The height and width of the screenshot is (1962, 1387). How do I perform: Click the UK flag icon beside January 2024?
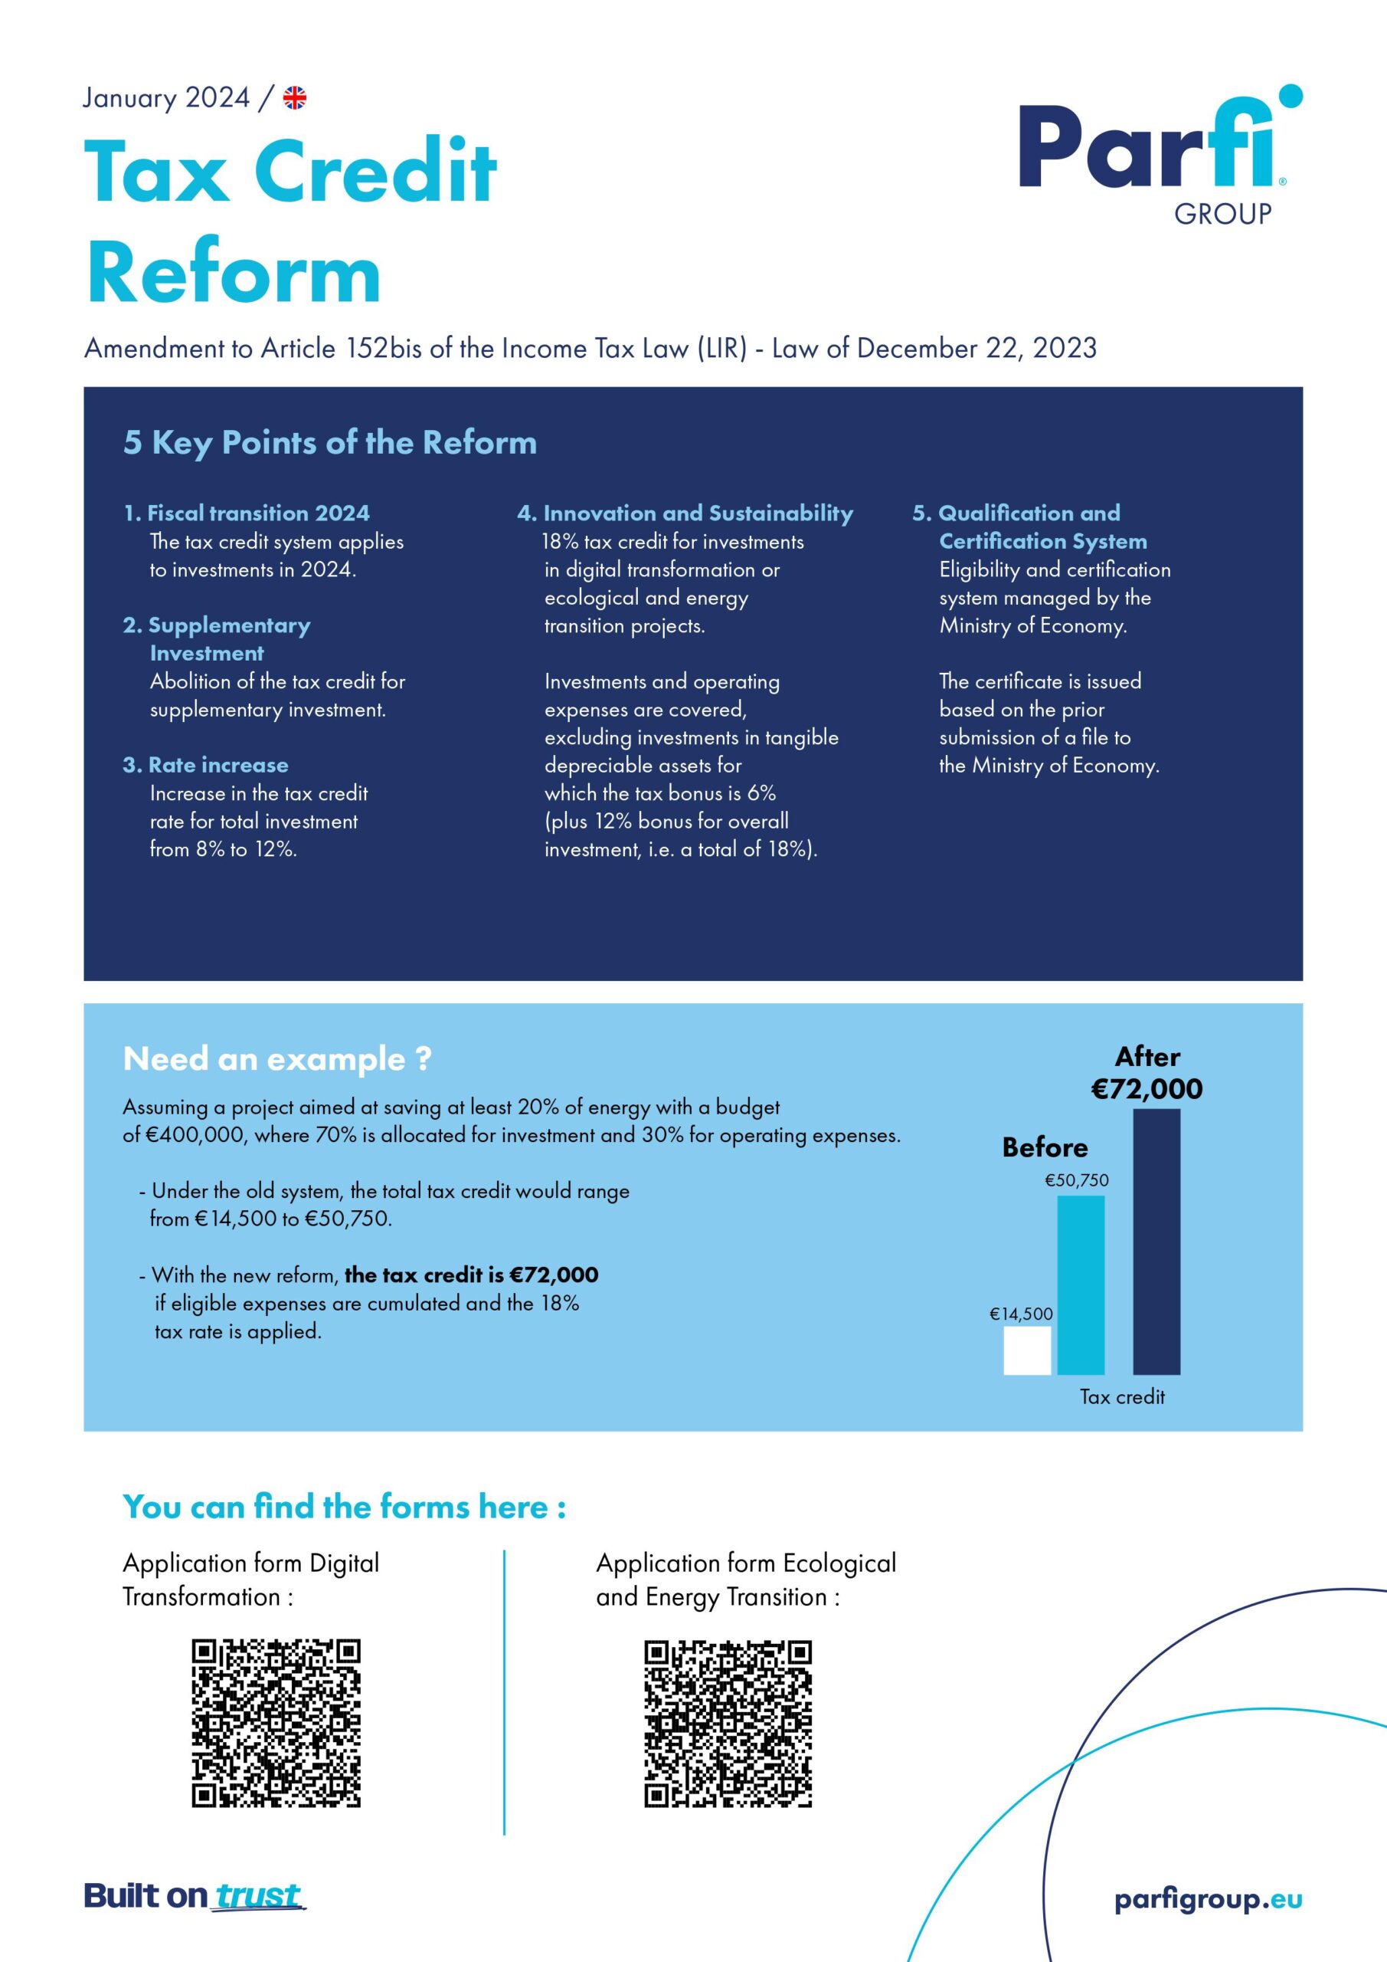(x=295, y=98)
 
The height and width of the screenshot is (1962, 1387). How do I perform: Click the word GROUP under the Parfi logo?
(x=1222, y=214)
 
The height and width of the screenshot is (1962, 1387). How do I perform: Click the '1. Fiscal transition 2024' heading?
(x=246, y=513)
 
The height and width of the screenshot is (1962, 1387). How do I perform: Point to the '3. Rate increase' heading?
(x=205, y=765)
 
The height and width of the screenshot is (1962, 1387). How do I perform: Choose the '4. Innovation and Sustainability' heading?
(x=685, y=513)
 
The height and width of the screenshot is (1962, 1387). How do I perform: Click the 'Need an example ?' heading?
(x=276, y=1058)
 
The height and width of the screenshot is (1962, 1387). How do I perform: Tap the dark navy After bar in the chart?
(x=1156, y=1241)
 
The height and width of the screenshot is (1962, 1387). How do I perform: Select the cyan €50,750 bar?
(x=1081, y=1284)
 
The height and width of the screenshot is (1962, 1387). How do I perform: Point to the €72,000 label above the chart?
(x=1147, y=1088)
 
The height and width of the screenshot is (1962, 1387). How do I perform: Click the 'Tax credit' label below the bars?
(x=1121, y=1397)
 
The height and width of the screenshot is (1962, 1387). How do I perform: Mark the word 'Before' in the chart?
(x=1045, y=1147)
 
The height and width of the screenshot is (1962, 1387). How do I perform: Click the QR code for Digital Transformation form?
(x=276, y=1723)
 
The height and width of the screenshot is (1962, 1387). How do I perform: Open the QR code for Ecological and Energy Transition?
(x=728, y=1723)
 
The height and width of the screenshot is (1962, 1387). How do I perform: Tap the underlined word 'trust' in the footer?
(x=258, y=1895)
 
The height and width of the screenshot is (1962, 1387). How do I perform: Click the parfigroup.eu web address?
(x=1208, y=1900)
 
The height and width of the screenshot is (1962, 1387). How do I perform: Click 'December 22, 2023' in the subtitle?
(x=976, y=348)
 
